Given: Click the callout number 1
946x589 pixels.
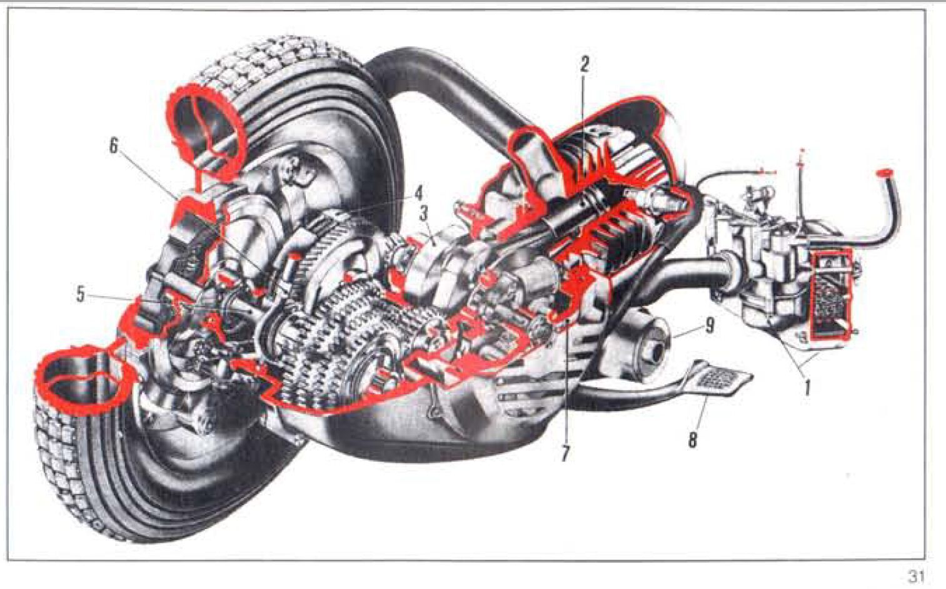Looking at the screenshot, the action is click(807, 387).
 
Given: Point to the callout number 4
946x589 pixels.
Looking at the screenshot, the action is click(418, 194).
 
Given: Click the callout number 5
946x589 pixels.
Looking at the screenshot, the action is click(80, 294).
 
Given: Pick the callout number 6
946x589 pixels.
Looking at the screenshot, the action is click(114, 146).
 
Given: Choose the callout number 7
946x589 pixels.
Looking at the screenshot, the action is click(565, 453).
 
